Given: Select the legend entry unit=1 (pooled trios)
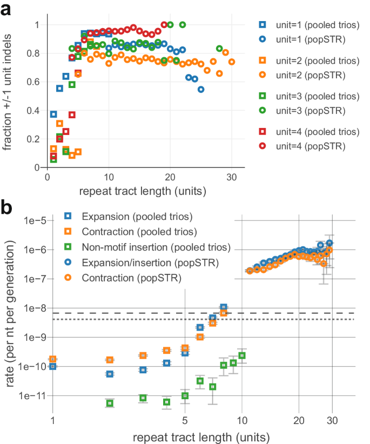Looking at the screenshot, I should (x=306, y=24).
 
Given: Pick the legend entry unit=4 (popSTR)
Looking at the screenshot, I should (x=306, y=145).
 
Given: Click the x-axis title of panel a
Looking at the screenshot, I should (x=146, y=191).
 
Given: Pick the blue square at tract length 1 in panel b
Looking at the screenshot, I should (x=53, y=366).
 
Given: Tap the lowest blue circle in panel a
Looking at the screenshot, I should (x=200, y=90).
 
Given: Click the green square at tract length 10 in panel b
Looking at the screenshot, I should (x=242, y=355).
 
